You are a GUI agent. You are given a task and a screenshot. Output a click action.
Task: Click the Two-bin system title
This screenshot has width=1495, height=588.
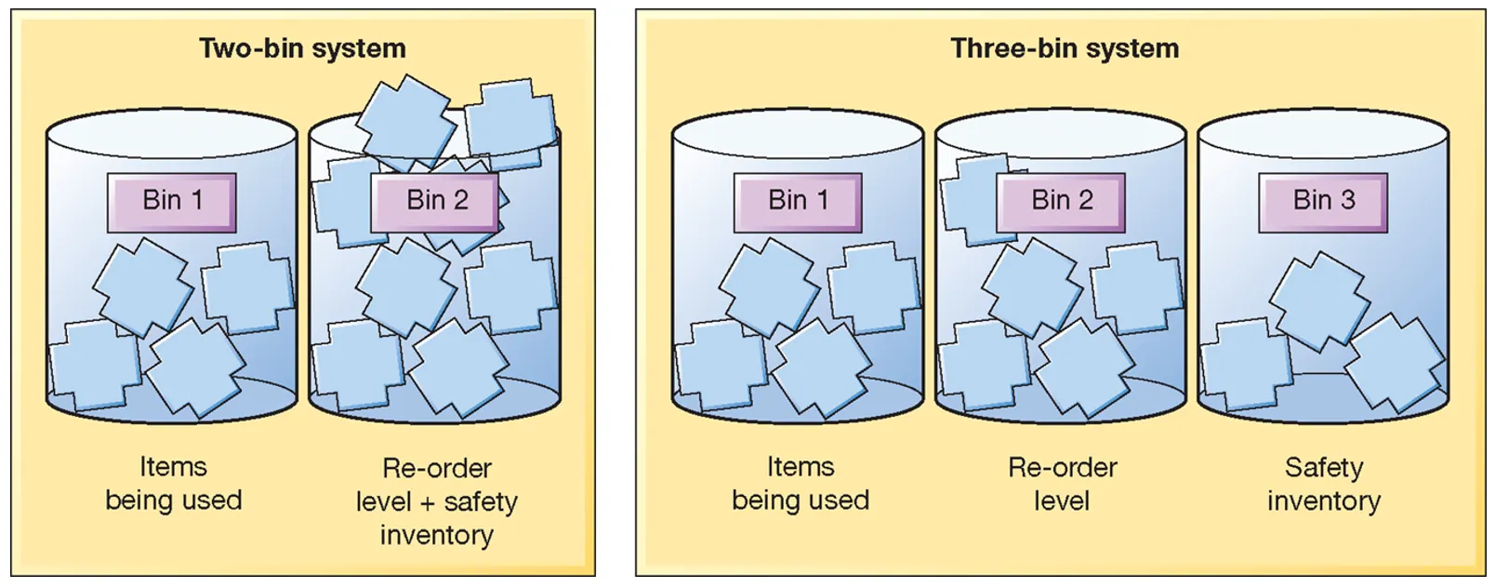pos(302,48)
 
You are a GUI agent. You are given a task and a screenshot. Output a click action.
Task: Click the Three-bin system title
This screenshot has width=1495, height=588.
pos(1065,48)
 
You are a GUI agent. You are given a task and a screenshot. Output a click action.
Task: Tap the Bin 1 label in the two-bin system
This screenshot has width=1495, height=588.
pos(172,201)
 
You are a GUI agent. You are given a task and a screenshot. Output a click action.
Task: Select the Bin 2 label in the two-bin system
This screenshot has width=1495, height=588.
pos(436,201)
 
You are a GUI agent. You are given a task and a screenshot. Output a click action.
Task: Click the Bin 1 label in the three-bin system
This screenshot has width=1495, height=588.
pos(798,201)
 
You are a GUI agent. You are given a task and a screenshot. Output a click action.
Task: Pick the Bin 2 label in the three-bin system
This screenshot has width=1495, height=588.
pos(1062,201)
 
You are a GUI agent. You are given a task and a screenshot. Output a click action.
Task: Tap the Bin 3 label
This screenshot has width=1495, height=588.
pos(1324,201)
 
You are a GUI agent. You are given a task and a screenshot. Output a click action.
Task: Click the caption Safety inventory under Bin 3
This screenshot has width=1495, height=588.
pos(1324,484)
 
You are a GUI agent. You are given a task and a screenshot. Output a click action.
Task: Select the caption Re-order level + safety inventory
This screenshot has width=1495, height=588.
pos(436,501)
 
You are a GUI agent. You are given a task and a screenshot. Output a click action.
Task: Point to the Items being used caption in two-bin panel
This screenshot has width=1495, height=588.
pos(173,484)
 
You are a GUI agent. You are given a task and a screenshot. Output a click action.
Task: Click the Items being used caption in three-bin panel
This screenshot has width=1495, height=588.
pos(800,484)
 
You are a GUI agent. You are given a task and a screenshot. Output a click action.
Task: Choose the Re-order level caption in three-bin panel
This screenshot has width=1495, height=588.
pos(1062,484)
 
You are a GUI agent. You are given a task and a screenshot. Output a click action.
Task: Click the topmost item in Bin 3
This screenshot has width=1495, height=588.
pos(1318,298)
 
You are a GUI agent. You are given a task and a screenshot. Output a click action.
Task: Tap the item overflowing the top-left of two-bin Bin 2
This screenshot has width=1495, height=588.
pos(406,121)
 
